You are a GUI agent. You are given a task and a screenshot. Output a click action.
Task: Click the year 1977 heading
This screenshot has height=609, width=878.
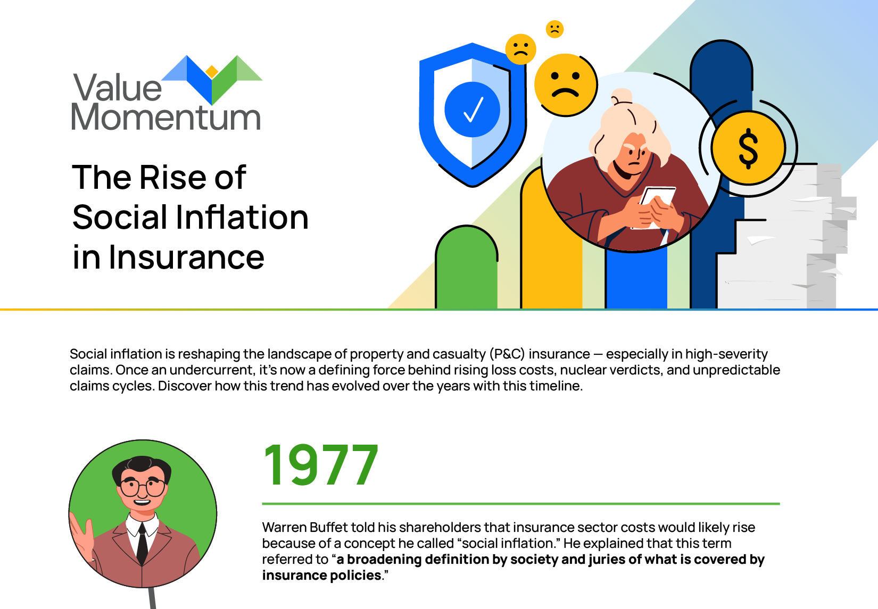coord(321,465)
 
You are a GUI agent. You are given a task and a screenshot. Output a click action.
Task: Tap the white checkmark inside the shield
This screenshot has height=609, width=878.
coord(474,110)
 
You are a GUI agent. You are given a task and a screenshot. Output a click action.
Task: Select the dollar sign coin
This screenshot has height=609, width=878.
coord(748,148)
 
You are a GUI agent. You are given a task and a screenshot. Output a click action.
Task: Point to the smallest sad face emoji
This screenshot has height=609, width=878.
coord(554,29)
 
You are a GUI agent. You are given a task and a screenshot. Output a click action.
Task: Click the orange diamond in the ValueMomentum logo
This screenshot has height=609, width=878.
coord(212,71)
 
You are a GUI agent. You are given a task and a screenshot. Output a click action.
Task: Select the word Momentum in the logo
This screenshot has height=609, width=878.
coord(166,117)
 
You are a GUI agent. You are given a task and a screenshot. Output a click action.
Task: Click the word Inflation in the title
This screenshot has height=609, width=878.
coord(242,218)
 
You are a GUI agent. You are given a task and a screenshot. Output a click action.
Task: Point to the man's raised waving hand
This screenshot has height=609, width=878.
coord(82,536)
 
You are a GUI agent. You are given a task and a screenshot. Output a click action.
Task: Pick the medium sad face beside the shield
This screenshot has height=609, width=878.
coord(520,49)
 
